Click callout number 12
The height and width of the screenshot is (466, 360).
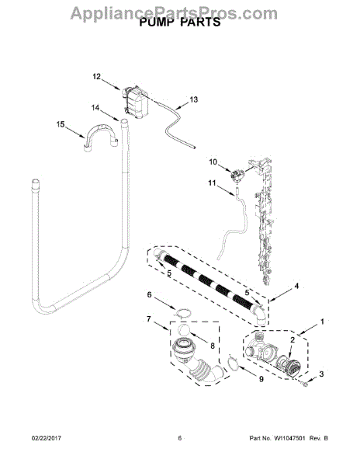click(x=97, y=77)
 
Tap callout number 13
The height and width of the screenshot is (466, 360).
click(x=193, y=99)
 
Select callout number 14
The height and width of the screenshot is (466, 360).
click(x=95, y=108)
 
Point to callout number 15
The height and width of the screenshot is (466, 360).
click(x=61, y=124)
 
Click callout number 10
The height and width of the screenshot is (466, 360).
click(x=213, y=162)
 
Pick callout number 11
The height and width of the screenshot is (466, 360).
click(x=212, y=183)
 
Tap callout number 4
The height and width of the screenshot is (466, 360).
click(x=296, y=286)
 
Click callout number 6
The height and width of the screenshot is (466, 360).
click(x=149, y=294)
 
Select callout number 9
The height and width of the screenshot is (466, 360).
click(x=261, y=379)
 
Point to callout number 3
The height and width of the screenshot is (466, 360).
click(x=322, y=374)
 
